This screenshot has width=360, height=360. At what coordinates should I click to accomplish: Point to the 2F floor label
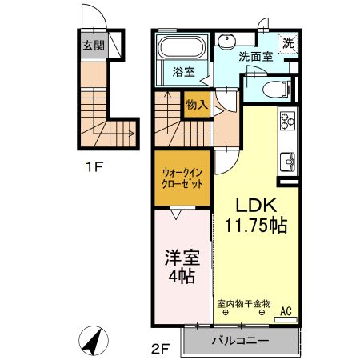(x=162, y=348)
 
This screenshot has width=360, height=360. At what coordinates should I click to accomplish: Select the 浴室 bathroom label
(x=184, y=72)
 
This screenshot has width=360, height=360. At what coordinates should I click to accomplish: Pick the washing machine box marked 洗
(x=286, y=44)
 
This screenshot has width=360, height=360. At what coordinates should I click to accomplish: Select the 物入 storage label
(x=197, y=104)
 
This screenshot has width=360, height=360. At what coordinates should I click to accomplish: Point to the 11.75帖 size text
(x=255, y=226)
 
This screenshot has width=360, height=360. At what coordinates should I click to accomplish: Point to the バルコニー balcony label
(x=240, y=342)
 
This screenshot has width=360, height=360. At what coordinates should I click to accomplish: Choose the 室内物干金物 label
(x=245, y=304)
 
